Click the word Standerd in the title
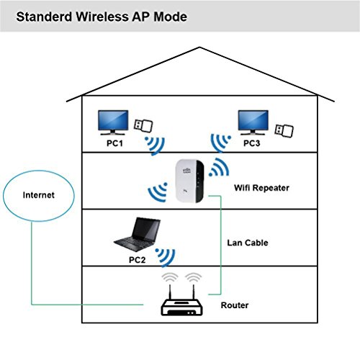pos(42,16)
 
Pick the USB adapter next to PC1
pos(144,125)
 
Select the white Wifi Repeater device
pos(190,181)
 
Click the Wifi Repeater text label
pos(261,188)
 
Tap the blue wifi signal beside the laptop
pos(167,255)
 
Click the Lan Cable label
pos(247,243)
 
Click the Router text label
pos(235,306)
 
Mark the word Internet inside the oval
pos(38,194)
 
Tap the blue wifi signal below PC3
pos(217,143)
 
